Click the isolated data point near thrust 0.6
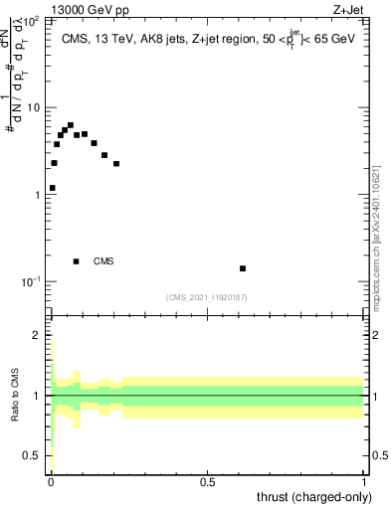[243, 268]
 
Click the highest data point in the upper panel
[70, 126]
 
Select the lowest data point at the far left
[53, 188]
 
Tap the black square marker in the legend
[77, 261]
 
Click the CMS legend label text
[103, 261]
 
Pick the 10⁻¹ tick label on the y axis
[33, 281]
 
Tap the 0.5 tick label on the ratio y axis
[35, 455]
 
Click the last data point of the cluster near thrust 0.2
[116, 164]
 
